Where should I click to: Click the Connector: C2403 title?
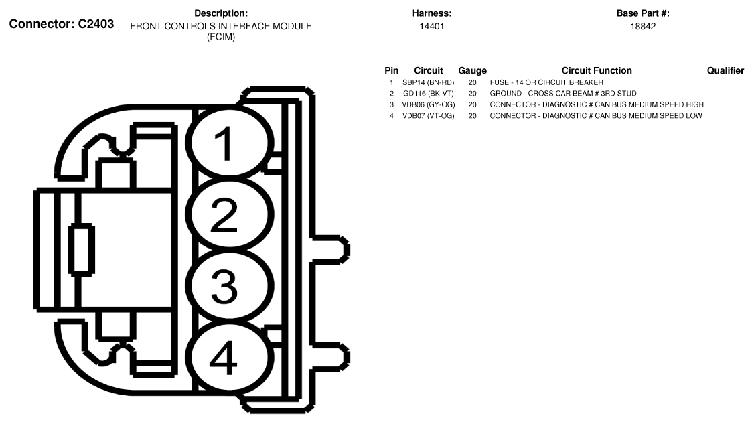[62, 24]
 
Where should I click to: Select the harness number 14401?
[431, 27]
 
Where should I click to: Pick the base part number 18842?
[643, 27]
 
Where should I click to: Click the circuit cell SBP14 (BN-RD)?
[429, 82]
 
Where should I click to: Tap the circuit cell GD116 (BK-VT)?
[429, 94]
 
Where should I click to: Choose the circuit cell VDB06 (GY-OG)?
[429, 104]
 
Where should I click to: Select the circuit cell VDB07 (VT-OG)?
[429, 116]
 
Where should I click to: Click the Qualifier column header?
[725, 70]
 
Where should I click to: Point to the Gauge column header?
[472, 70]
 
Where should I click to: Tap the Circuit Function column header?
[597, 70]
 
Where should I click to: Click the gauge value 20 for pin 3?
[472, 104]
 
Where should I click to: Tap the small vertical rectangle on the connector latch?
[82, 249]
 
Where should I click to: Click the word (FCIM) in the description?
[221, 37]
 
